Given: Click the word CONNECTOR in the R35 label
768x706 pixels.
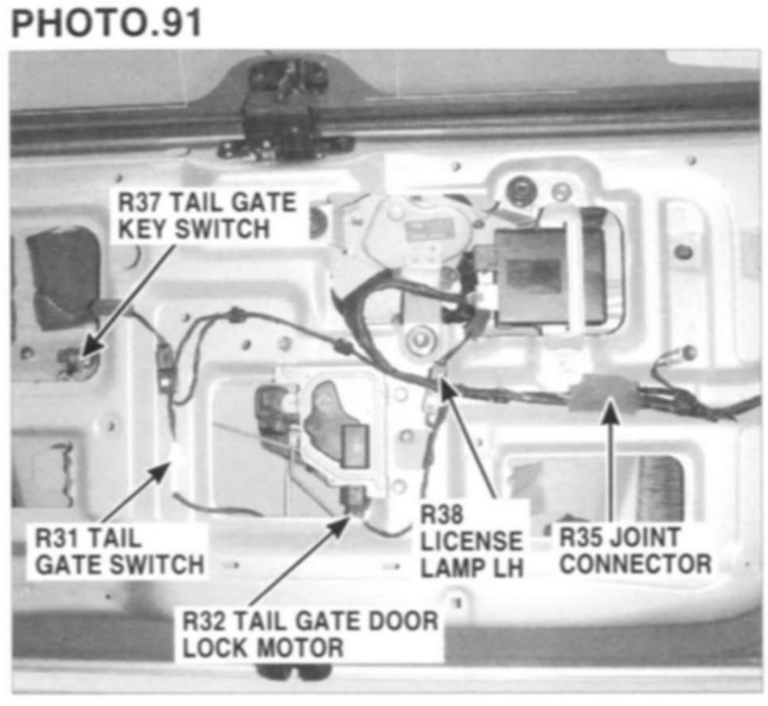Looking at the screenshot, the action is click(x=635, y=564).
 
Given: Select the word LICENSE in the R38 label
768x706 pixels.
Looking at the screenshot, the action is click(x=471, y=542).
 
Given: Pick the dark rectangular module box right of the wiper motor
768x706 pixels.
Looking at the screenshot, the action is click(x=533, y=276).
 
